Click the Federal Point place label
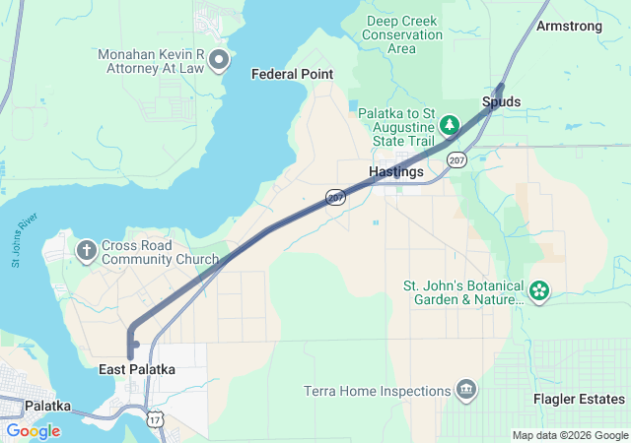pos(292,74)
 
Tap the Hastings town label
pos(396,171)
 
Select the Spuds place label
pos(501,101)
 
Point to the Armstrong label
pos(569,27)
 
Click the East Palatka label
pos(137,369)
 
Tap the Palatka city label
pos(47,405)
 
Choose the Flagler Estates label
pos(579,399)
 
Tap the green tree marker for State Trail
pos(450,124)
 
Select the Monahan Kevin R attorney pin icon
pos(219,61)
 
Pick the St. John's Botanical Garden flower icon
pos(538,290)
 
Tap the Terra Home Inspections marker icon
pos(465,390)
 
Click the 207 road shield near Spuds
pos(455,158)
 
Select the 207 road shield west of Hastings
pos(336,198)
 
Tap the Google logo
pos(33,430)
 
